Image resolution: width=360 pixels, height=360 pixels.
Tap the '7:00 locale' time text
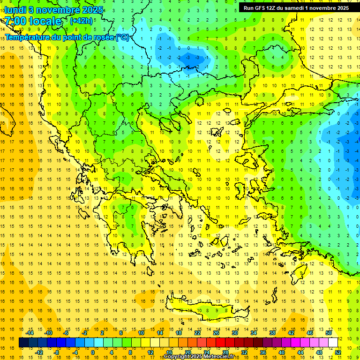[33, 21]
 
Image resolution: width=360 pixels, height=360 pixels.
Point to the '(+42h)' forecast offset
[81, 21]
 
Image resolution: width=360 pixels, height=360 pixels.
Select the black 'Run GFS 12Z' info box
[296, 7]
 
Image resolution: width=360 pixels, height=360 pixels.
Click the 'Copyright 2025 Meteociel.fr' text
[199, 357]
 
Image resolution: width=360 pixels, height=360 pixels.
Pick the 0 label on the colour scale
[92, 352]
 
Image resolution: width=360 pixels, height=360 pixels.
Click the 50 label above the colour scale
[328, 332]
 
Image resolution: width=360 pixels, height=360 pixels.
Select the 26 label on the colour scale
[216, 332]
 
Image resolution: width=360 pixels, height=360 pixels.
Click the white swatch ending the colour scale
[333, 343]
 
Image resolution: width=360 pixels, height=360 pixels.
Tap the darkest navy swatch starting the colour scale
[23, 343]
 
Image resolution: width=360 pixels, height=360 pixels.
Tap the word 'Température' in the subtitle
[28, 37]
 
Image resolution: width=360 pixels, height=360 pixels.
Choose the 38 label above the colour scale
[272, 332]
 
